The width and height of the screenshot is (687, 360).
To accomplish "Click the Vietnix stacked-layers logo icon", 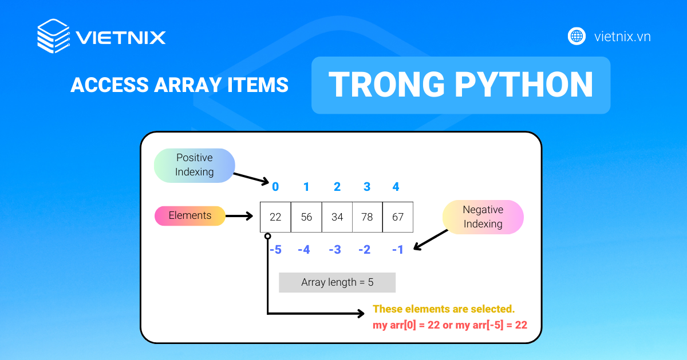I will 53,37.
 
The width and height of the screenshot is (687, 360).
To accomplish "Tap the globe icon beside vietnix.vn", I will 577,37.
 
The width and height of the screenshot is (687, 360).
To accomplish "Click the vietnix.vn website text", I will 622,37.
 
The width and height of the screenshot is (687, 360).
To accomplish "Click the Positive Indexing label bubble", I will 195,165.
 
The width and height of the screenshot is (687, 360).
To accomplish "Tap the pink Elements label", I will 190,215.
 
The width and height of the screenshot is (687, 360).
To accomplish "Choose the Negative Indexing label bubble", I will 483,217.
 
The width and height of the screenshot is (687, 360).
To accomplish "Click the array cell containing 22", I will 275,217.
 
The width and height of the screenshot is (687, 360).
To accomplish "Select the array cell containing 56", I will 306,217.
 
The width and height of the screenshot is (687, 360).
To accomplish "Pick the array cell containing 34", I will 337,217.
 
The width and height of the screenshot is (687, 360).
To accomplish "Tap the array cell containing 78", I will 367,217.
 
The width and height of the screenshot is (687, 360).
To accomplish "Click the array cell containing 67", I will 398,217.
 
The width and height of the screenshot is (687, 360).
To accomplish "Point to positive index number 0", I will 275,187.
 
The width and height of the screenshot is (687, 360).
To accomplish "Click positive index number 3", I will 367,187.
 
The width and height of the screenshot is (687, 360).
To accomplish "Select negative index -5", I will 275,250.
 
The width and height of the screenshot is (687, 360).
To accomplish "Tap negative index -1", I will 398,250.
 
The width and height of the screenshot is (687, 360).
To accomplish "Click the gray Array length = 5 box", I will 337,282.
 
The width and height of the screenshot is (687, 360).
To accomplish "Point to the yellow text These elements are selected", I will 444,309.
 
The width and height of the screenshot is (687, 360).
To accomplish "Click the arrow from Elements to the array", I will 239,216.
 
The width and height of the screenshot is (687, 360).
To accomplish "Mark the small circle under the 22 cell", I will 267,235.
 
